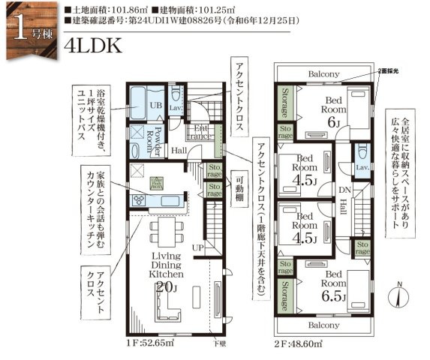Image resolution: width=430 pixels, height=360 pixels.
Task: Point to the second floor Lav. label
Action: point(361,167)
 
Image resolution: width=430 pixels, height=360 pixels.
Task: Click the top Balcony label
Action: point(323,74)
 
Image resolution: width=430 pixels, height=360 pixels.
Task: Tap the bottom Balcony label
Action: point(323,325)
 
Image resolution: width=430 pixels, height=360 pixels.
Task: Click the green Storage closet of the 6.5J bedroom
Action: point(285,295)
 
